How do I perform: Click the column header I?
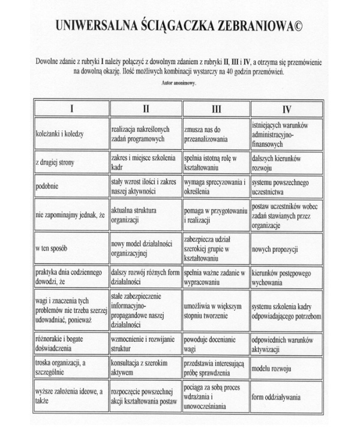click(71, 109)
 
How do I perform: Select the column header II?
click(145, 109)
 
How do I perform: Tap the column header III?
click(216, 109)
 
